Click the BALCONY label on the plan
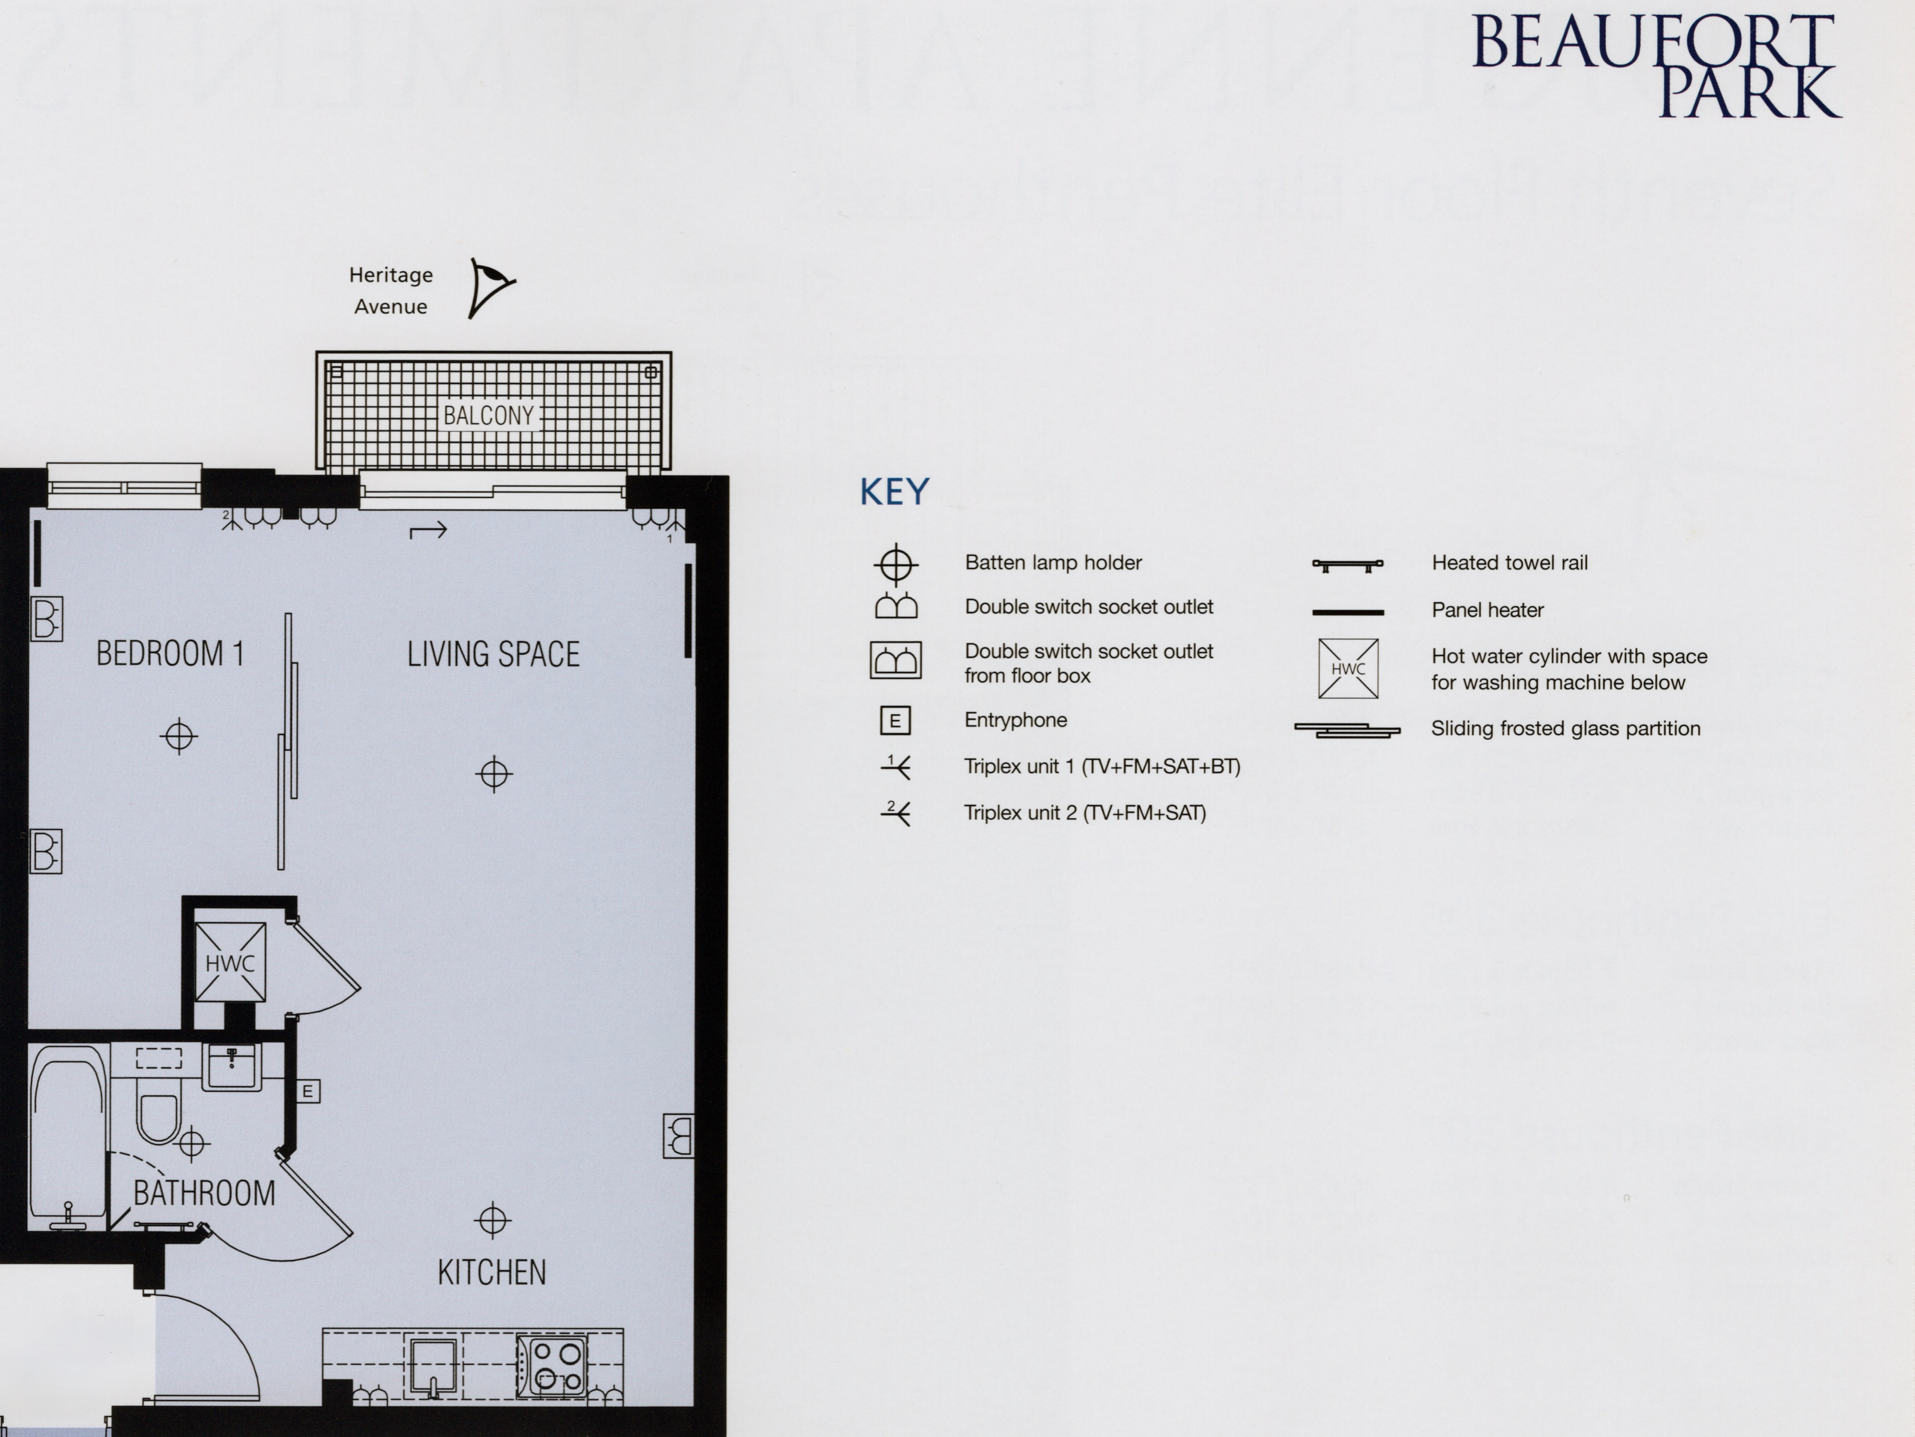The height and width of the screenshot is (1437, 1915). (x=489, y=416)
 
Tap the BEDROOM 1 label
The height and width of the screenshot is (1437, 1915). (x=171, y=654)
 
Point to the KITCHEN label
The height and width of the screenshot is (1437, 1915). (x=492, y=1273)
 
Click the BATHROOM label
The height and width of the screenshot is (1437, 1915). (x=204, y=1194)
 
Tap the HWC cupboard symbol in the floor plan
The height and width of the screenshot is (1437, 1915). (x=230, y=962)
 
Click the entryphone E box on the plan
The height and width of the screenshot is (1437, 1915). (x=307, y=1092)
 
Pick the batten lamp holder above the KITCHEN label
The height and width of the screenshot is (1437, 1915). (x=493, y=1220)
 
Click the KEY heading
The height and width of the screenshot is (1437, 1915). (x=894, y=492)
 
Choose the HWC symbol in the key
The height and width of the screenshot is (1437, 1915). (x=1348, y=669)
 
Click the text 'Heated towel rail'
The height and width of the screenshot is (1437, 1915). (x=1510, y=563)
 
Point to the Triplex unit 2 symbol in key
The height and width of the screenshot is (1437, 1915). (x=895, y=813)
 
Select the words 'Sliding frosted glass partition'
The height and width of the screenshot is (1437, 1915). (x=1565, y=728)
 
